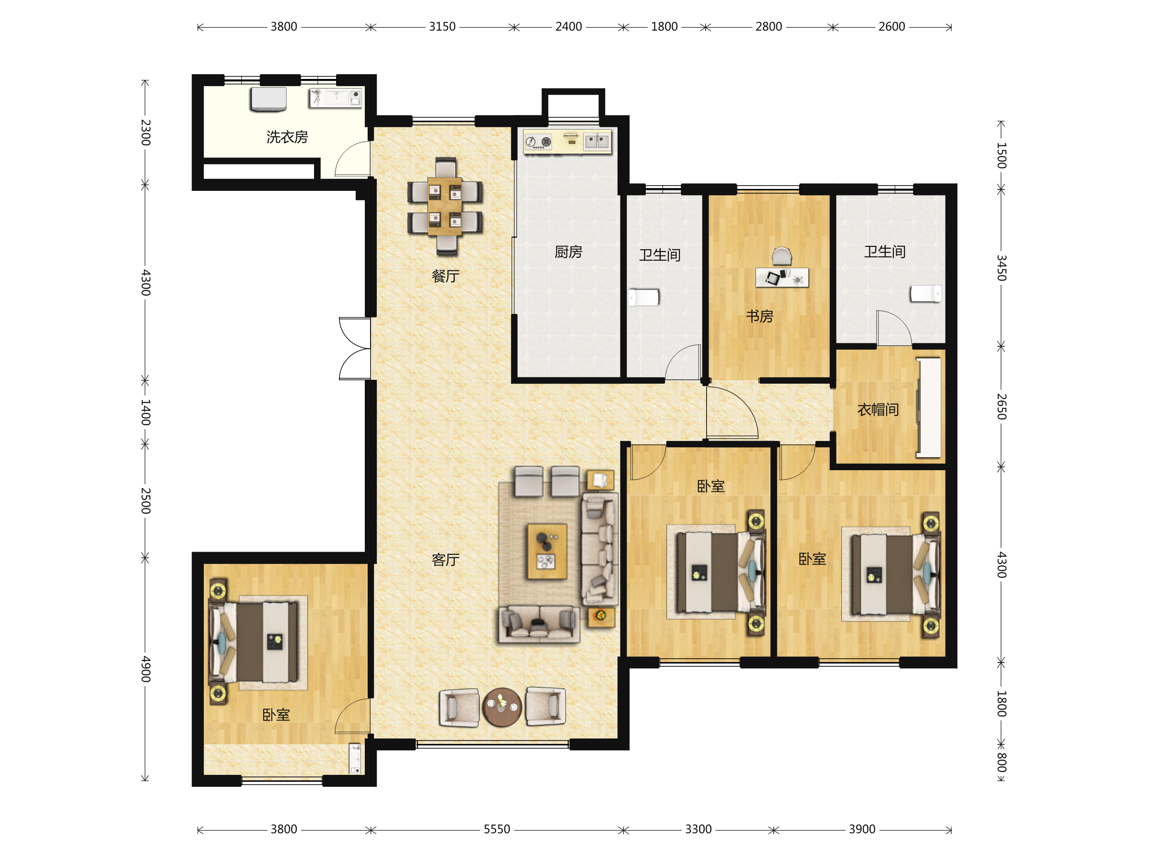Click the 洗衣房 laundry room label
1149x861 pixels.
[287, 137]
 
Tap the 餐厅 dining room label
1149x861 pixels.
[445, 276]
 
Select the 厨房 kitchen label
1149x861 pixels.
[568, 252]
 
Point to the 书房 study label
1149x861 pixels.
[759, 316]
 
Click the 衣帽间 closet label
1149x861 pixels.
[878, 409]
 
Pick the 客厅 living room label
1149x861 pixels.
[445, 560]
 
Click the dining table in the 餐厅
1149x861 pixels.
[445, 207]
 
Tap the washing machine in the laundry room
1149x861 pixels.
[268, 99]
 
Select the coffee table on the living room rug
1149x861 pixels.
[546, 551]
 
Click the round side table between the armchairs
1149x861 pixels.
[501, 707]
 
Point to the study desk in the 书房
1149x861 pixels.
[782, 277]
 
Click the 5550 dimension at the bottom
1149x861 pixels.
[496, 829]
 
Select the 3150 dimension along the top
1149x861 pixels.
[442, 26]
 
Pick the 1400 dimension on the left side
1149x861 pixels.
[146, 412]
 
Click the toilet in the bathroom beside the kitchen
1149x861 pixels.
[643, 298]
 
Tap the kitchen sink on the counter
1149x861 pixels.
[597, 141]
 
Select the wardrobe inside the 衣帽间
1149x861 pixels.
[929, 408]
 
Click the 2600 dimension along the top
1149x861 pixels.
[891, 26]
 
